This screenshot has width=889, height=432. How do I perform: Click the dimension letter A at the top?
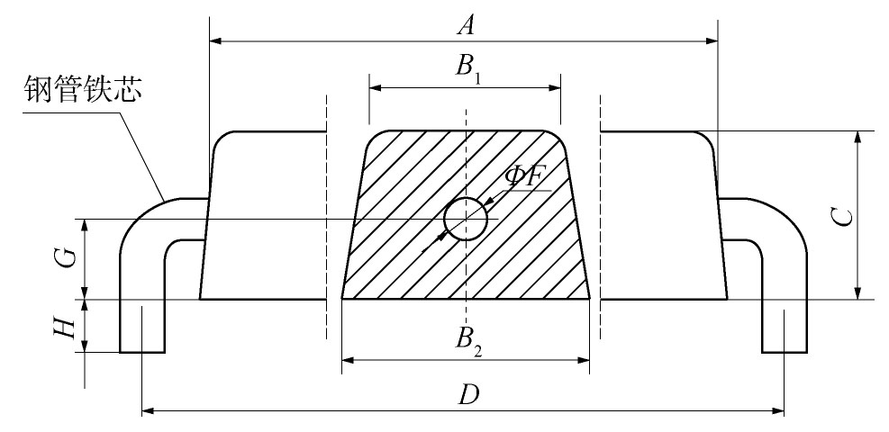(466, 25)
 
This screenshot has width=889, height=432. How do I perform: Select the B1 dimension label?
(468, 67)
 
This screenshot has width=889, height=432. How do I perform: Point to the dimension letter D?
(468, 394)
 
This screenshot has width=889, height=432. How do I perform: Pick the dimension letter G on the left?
(68, 258)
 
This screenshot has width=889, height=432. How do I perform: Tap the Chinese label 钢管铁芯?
(82, 89)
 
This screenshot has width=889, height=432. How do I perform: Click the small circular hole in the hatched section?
(466, 219)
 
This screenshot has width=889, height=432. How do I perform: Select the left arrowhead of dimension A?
(216, 40)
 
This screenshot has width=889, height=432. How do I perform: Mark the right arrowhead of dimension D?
(777, 410)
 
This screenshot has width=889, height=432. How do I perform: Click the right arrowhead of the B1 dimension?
(554, 88)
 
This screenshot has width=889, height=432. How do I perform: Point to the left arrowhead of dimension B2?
(349, 360)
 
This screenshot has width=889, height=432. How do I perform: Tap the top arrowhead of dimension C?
(857, 138)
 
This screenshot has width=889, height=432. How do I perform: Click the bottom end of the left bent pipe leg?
(142, 352)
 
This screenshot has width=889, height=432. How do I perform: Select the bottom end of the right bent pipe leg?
(785, 352)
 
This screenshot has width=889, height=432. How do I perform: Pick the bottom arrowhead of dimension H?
(85, 346)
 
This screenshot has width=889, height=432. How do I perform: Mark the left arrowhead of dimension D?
(149, 410)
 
